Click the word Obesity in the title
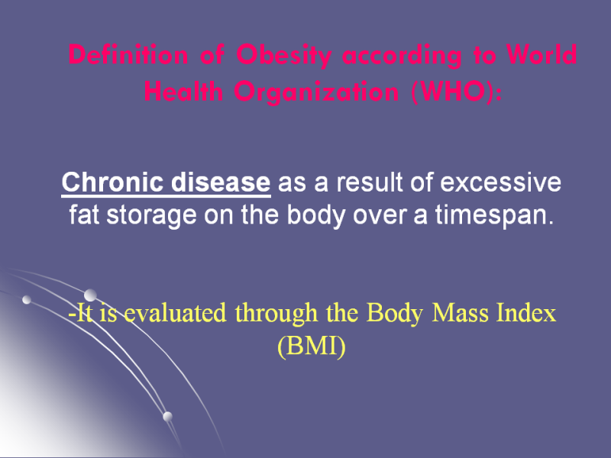tap(283, 55)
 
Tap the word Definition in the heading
tap(128, 54)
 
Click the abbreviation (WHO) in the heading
tap(457, 92)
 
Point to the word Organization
tap(316, 92)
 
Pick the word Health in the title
tap(183, 92)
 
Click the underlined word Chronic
tap(112, 182)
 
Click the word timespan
tap(494, 215)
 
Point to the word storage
tap(151, 215)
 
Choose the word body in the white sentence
tap(316, 215)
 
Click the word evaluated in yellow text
tap(176, 313)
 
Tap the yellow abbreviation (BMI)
tap(312, 346)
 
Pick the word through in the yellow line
tap(276, 314)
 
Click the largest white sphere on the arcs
tap(90, 295)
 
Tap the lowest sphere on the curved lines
tap(167, 416)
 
